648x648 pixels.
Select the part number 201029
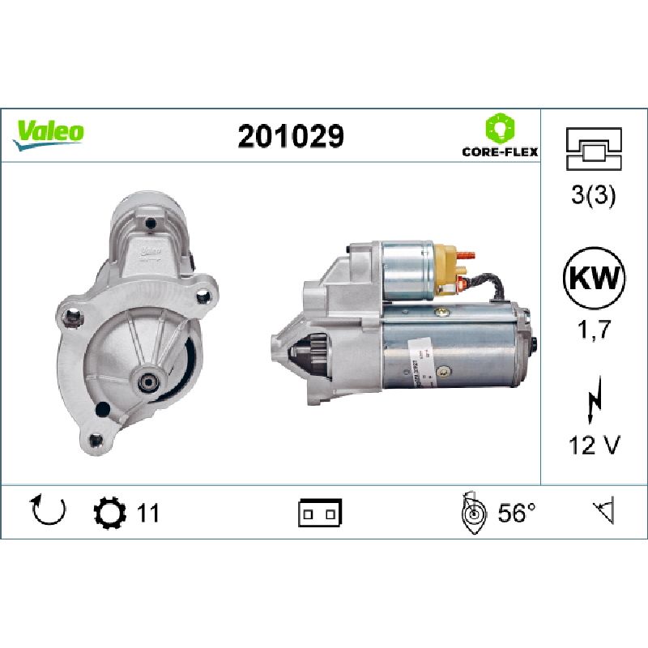coord(291,136)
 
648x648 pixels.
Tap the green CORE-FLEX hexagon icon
coord(500,128)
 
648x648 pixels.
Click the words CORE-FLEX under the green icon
coord(500,151)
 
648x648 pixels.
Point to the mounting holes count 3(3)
coord(594,194)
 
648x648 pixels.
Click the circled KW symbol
coord(594,278)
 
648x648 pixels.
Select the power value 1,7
coord(594,330)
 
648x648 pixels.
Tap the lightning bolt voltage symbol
coord(594,399)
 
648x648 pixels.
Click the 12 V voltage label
coord(595,445)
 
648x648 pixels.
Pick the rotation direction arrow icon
coord(49,509)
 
